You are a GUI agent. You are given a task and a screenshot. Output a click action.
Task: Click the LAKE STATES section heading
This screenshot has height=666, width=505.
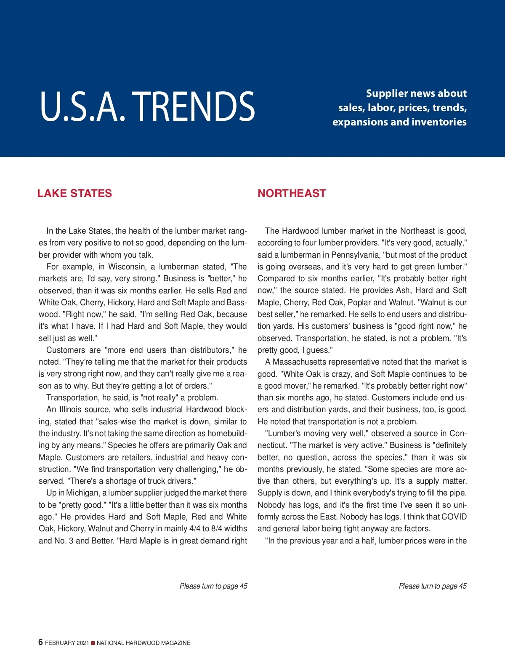pyautogui.click(x=74, y=193)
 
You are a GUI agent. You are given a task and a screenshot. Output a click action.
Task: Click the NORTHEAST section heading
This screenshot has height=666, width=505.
pyautogui.click(x=292, y=193)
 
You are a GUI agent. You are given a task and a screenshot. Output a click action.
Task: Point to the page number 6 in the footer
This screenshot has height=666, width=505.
pyautogui.click(x=40, y=642)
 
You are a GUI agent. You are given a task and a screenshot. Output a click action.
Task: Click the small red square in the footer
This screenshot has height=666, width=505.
pyautogui.click(x=93, y=643)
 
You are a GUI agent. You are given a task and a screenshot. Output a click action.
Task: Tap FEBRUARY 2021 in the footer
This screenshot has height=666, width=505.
pyautogui.click(x=67, y=643)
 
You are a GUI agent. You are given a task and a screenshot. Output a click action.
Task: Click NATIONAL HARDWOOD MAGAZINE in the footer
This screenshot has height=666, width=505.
pyautogui.click(x=144, y=643)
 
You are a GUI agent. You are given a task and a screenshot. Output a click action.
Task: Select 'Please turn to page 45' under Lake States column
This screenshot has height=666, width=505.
pyautogui.click(x=213, y=586)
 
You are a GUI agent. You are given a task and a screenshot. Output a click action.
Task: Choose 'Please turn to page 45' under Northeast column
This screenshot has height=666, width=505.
pyautogui.click(x=433, y=586)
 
